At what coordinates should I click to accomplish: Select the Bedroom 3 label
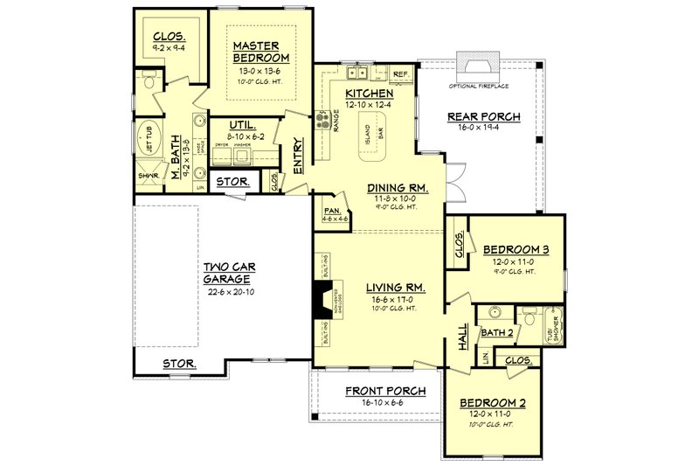(x=516, y=250)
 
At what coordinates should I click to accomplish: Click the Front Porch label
(x=385, y=391)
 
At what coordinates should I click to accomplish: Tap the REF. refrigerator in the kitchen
(x=401, y=74)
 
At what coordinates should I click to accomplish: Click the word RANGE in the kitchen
(x=336, y=121)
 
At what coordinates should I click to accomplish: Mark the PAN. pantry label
(x=330, y=211)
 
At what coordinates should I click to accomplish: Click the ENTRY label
(x=298, y=156)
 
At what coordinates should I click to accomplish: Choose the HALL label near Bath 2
(x=463, y=337)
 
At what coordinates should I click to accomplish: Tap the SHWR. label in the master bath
(x=147, y=176)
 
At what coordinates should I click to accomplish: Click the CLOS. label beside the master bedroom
(x=168, y=36)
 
